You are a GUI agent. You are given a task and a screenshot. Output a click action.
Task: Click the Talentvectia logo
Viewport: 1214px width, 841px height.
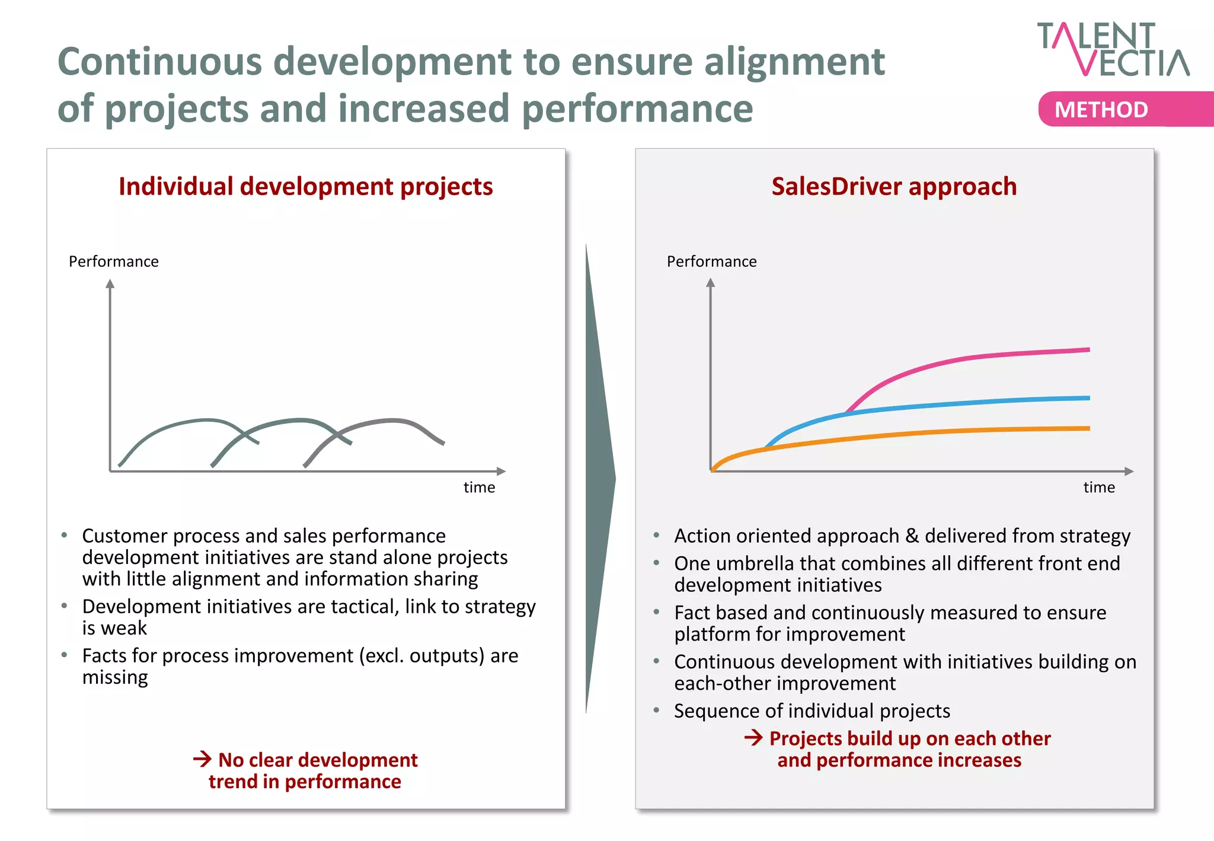click(x=1113, y=50)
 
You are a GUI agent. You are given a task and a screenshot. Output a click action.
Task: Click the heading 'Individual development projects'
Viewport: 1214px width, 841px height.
click(x=305, y=186)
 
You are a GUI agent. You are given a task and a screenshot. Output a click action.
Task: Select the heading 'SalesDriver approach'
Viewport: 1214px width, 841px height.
click(x=894, y=186)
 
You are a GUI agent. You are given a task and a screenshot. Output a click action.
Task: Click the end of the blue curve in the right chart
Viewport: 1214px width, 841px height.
click(x=1088, y=398)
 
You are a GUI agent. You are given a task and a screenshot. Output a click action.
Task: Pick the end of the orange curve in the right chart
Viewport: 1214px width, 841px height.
click(x=1088, y=428)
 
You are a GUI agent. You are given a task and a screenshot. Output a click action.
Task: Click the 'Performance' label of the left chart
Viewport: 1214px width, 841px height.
click(x=114, y=262)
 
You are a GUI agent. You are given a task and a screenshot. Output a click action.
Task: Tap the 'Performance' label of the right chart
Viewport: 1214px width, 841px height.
click(x=711, y=262)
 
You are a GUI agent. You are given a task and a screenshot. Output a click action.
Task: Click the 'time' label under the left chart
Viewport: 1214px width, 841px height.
click(x=479, y=488)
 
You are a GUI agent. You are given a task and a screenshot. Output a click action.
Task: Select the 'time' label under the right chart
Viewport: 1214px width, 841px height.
click(x=1099, y=488)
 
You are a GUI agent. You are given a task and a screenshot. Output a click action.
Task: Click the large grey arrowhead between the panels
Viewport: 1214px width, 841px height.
click(x=600, y=478)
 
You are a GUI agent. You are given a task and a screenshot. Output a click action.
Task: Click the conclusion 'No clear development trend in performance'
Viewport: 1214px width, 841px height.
click(x=306, y=770)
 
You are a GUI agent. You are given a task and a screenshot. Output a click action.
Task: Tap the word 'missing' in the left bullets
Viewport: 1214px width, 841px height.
click(x=115, y=677)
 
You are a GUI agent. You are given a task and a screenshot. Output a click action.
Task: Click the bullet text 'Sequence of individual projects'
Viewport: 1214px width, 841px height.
click(x=812, y=711)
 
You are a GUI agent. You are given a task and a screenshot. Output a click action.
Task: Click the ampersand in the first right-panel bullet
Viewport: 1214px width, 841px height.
click(x=912, y=536)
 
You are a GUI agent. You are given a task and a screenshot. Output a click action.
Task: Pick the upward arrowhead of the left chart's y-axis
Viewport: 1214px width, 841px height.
click(x=110, y=283)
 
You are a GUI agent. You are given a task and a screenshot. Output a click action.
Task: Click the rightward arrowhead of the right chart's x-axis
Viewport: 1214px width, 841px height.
click(x=1129, y=472)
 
